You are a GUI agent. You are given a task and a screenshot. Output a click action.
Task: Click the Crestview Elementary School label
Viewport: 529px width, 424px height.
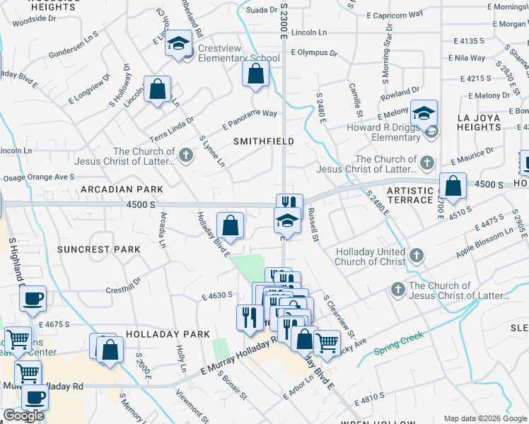click(238, 53)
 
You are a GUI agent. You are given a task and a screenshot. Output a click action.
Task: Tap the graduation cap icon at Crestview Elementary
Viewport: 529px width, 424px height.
click(179, 43)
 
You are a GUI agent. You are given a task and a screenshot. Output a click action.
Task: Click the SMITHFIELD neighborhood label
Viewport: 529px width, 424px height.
click(264, 141)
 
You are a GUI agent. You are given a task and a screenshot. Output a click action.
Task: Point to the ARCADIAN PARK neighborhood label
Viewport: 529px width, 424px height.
click(122, 189)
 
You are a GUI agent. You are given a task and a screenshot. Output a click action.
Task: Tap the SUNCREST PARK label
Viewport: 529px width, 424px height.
click(99, 249)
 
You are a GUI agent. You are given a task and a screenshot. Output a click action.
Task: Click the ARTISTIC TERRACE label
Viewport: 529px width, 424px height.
click(409, 196)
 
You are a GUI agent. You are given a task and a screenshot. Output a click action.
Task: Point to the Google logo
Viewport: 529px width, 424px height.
click(23, 416)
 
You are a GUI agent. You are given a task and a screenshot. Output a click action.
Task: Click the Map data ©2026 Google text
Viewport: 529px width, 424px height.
click(485, 418)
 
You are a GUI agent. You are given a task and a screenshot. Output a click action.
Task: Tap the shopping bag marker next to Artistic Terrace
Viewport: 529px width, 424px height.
click(453, 187)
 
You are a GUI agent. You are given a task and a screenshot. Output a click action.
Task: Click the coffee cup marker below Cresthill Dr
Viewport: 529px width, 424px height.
click(33, 300)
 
